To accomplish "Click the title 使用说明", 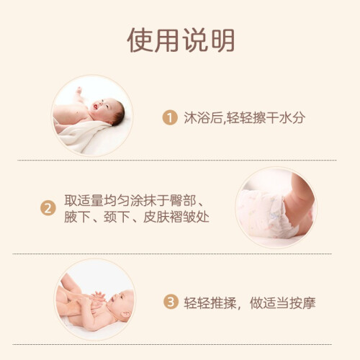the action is click(x=181, y=40).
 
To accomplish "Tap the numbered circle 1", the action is click(x=170, y=117).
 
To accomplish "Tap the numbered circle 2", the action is click(x=48, y=208).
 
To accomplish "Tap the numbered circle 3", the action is click(x=171, y=302).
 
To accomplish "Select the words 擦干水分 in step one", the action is click(x=279, y=117).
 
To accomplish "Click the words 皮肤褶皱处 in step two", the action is click(x=176, y=217).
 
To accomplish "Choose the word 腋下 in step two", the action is click(x=77, y=217).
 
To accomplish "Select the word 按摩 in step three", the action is click(x=302, y=303).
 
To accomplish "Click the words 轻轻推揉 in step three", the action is click(x=210, y=303).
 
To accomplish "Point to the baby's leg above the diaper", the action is click(x=300, y=204).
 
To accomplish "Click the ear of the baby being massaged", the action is click(x=126, y=314).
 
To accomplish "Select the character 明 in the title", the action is click(x=222, y=40).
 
